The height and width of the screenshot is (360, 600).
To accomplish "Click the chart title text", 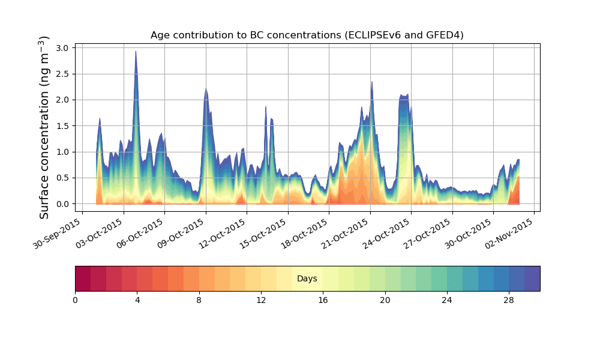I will [307, 35].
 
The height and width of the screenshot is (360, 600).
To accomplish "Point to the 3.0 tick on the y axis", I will [63, 47].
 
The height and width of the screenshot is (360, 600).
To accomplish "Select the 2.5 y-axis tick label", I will [63, 74].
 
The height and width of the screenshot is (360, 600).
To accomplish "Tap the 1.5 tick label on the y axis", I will [63, 126].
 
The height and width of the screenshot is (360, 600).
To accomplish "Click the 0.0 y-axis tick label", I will [63, 204].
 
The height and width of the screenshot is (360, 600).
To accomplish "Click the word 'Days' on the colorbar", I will [307, 279].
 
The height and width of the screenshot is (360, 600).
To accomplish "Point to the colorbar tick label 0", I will [76, 299].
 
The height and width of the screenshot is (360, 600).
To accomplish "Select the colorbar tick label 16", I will [323, 299].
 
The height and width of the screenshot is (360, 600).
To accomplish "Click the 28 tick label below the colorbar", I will [509, 299].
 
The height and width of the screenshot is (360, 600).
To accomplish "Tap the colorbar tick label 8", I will [199, 299].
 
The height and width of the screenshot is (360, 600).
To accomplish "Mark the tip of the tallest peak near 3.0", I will [136, 51].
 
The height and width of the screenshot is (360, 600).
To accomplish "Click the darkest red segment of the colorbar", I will [83, 278].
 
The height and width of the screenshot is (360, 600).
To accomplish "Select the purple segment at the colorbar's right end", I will [532, 278].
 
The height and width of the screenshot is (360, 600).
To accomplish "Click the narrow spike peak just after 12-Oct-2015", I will [266, 107].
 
